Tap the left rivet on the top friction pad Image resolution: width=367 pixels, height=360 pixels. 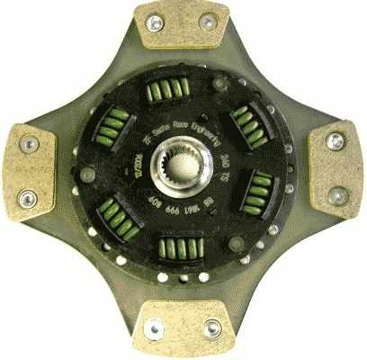coord(155,23)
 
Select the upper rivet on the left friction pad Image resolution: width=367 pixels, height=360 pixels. coord(29,142)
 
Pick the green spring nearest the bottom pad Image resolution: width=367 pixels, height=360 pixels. coord(180,249)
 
